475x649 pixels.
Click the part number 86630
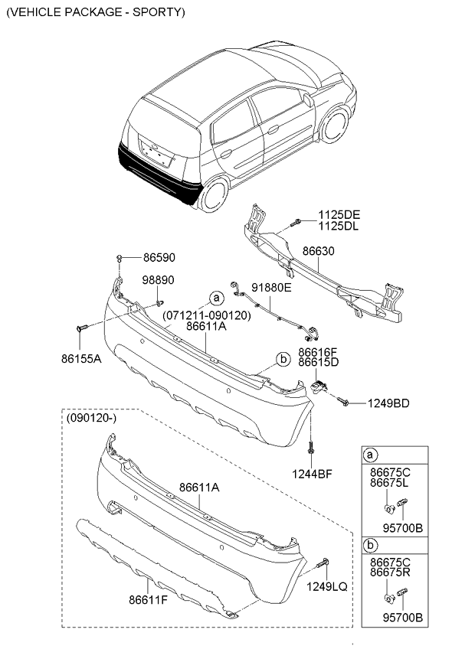pyautogui.click(x=318, y=250)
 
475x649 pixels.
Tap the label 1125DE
pyautogui.click(x=340, y=215)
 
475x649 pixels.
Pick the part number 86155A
pyautogui.click(x=82, y=357)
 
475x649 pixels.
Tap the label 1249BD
pyautogui.click(x=389, y=403)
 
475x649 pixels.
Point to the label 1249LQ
pyautogui.click(x=329, y=586)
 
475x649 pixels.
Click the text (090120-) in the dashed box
pyautogui.click(x=91, y=419)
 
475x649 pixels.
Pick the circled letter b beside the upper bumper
pyautogui.click(x=282, y=358)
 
